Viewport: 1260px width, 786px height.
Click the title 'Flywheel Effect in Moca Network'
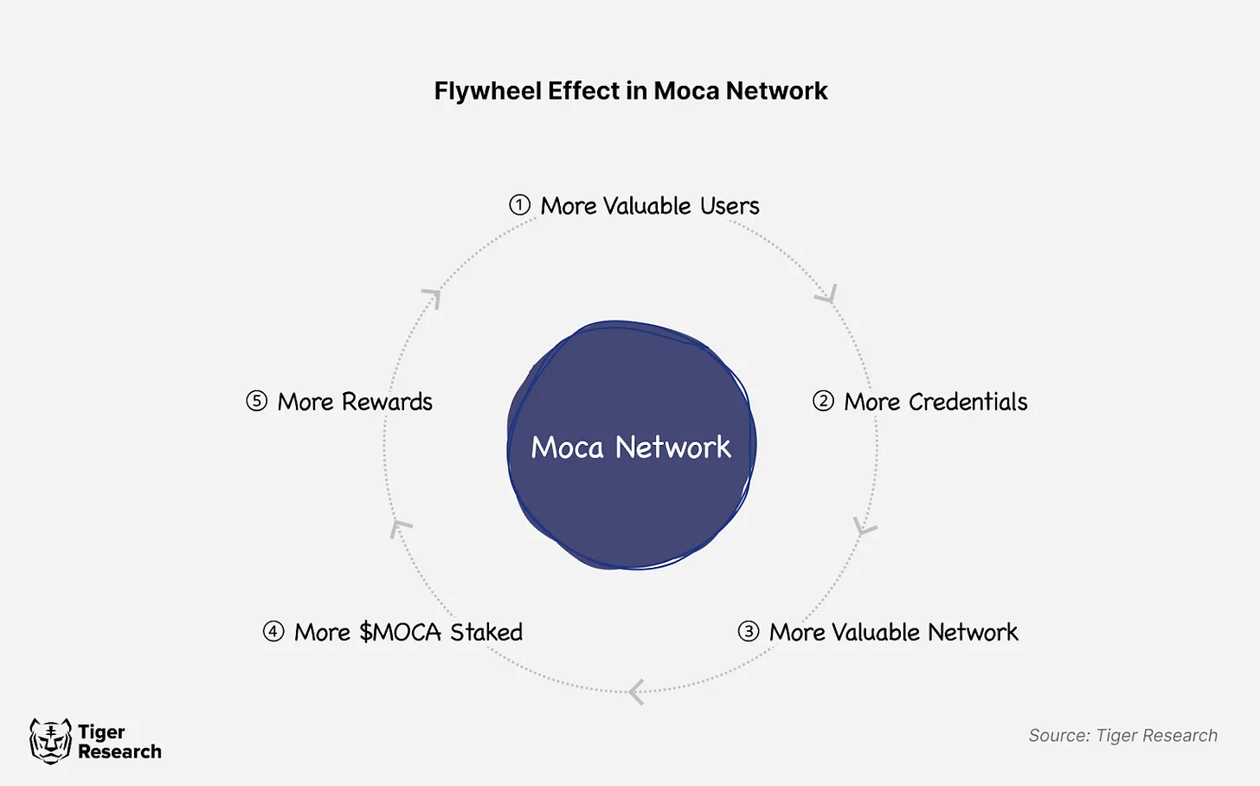[630, 91]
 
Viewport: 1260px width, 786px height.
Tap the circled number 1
[519, 205]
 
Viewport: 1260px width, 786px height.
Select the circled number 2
[823, 401]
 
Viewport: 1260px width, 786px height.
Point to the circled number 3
[748, 631]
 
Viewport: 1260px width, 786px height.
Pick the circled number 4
[273, 631]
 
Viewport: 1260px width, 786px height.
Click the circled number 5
[256, 401]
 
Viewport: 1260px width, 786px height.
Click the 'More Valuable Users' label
[650, 206]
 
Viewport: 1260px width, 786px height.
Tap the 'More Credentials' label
[935, 402]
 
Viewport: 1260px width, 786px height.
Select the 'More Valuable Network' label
[893, 632]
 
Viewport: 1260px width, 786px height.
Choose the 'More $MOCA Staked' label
[408, 632]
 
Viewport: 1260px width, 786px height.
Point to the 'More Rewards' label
[355, 402]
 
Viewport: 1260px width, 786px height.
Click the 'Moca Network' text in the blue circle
[631, 447]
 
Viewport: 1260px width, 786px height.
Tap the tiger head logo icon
[50, 741]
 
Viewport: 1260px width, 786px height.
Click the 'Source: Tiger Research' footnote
[1122, 736]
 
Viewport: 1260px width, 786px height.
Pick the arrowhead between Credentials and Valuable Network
[865, 526]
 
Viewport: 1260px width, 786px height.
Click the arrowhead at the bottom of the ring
[637, 692]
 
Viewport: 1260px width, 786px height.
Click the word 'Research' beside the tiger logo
[119, 751]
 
